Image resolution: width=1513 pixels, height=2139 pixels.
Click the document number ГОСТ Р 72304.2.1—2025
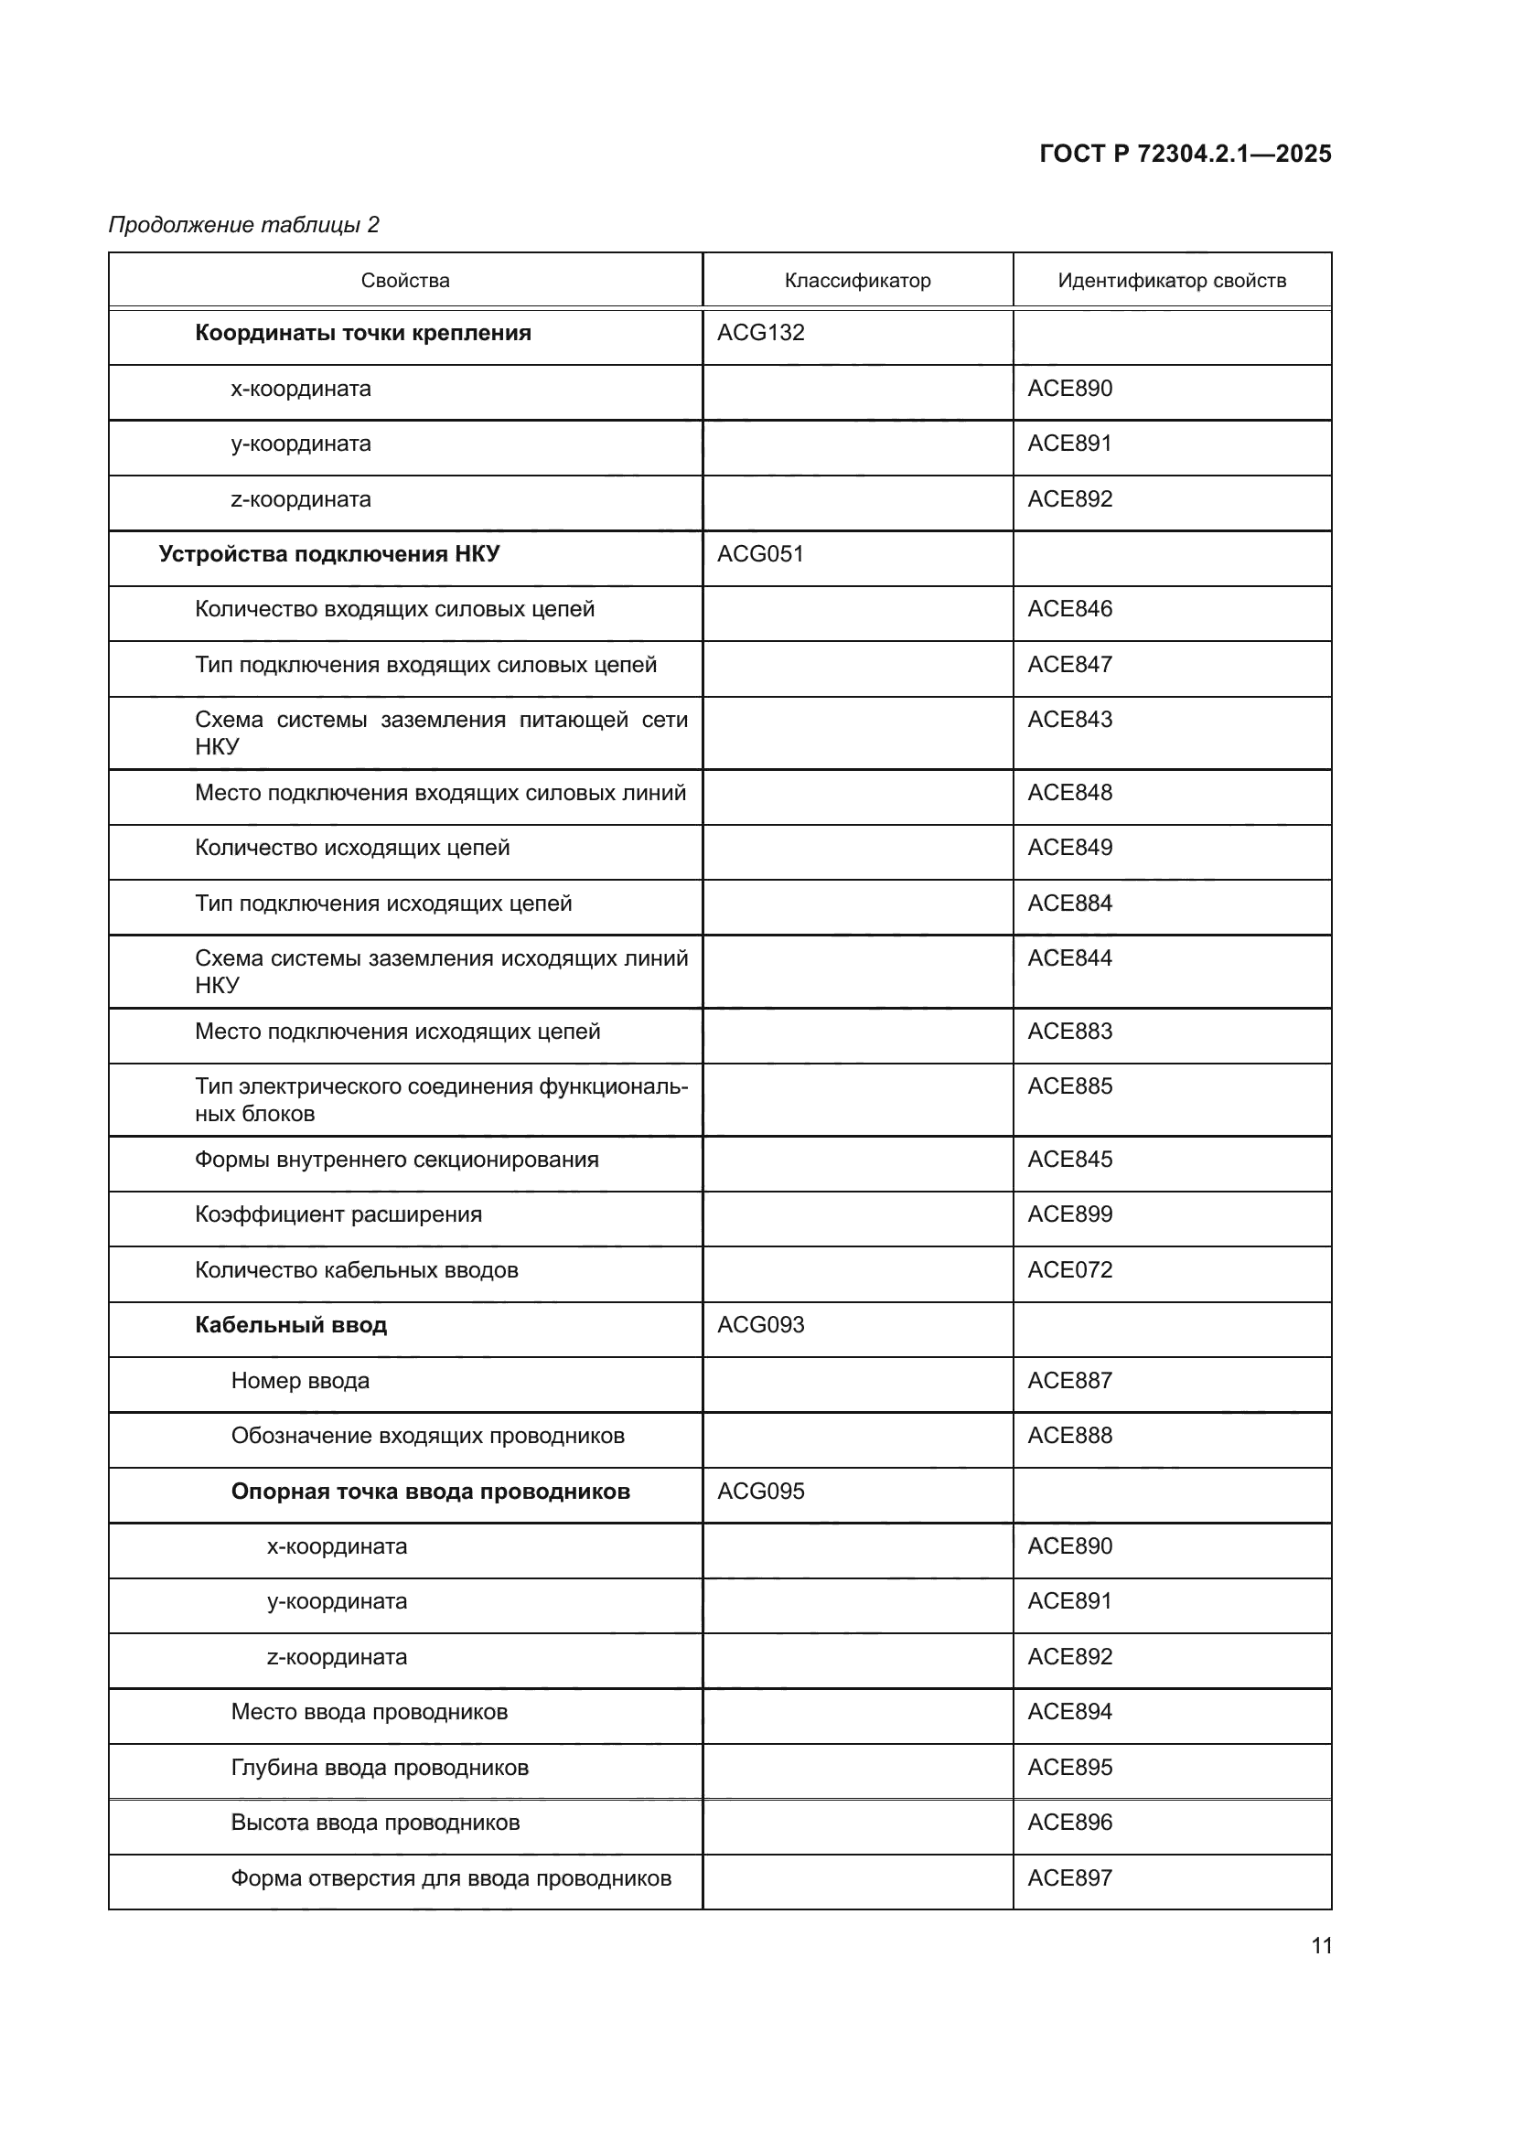pyautogui.click(x=1184, y=154)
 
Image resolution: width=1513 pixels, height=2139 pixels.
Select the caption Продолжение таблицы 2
pyautogui.click(x=244, y=225)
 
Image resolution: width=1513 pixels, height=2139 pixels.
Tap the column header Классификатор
pyautogui.click(x=857, y=281)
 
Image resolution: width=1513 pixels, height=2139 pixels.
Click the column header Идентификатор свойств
pyautogui.click(x=1171, y=281)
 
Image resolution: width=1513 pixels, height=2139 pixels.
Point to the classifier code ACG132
pyautogui.click(x=760, y=333)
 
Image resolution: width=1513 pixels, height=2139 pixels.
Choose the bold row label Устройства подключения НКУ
pyautogui.click(x=329, y=554)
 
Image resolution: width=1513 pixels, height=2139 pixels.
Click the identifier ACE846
pyautogui.click(x=1069, y=609)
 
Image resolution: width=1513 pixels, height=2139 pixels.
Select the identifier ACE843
pyautogui.click(x=1069, y=719)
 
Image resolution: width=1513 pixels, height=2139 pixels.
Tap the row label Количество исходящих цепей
pyautogui.click(x=352, y=848)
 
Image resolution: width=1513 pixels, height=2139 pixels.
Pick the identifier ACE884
pyautogui.click(x=1069, y=903)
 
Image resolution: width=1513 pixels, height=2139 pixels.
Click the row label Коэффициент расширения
pyautogui.click(x=338, y=1214)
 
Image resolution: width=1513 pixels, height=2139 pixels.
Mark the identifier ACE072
pyautogui.click(x=1069, y=1270)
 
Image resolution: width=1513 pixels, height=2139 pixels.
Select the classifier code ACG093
pyautogui.click(x=760, y=1325)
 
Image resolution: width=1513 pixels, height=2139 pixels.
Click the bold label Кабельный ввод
pyautogui.click(x=291, y=1325)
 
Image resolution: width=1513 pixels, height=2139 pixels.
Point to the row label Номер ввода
pyautogui.click(x=300, y=1381)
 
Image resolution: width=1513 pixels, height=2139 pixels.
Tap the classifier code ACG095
pyautogui.click(x=760, y=1491)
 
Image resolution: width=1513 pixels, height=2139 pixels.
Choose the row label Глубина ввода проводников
pyautogui.click(x=380, y=1768)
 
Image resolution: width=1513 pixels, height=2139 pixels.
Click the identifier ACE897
pyautogui.click(x=1069, y=1877)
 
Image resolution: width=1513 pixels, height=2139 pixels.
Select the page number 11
pyautogui.click(x=1321, y=1946)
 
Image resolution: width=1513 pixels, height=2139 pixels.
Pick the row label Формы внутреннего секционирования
pyautogui.click(x=396, y=1160)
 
